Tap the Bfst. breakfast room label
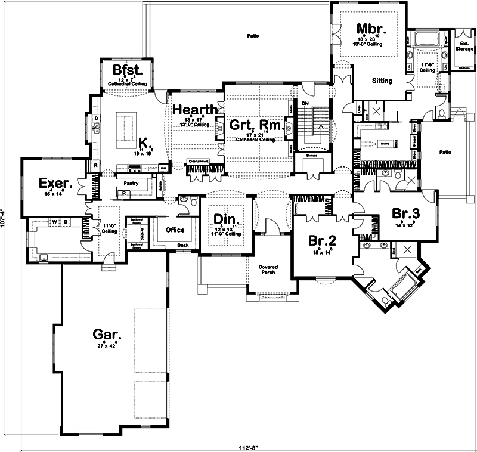(x=126, y=70)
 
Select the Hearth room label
(x=194, y=110)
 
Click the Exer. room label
(x=55, y=182)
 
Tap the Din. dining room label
(x=225, y=219)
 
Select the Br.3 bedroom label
(x=407, y=213)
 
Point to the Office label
(x=175, y=230)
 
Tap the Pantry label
(x=131, y=184)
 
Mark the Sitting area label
(x=382, y=81)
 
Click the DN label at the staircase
(x=304, y=103)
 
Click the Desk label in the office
(x=183, y=245)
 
